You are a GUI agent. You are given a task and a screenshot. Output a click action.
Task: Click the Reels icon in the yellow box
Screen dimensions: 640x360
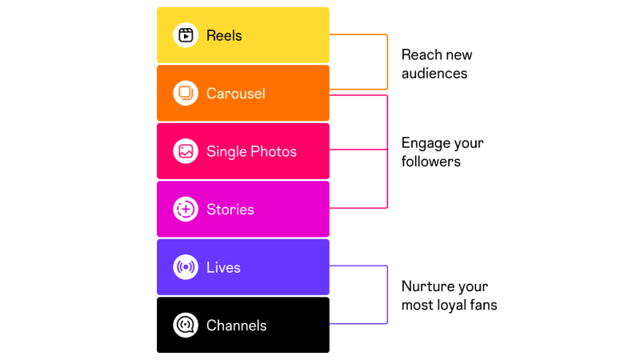pyautogui.click(x=186, y=35)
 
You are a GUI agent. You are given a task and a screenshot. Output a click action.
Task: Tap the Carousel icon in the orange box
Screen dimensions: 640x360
pyautogui.click(x=186, y=93)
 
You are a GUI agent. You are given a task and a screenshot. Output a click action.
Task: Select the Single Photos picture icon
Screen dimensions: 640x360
pyautogui.click(x=186, y=151)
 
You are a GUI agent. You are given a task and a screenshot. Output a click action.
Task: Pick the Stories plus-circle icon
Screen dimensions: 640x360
pyautogui.click(x=186, y=210)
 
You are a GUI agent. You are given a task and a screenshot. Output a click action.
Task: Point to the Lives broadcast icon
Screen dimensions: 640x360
pyautogui.click(x=186, y=267)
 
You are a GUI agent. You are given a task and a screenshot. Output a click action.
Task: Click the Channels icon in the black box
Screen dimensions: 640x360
pyautogui.click(x=186, y=326)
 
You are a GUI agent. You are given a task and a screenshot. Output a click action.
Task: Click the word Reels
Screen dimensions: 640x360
pyautogui.click(x=224, y=35)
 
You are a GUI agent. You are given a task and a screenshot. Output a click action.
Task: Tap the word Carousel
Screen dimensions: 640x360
pyautogui.click(x=236, y=94)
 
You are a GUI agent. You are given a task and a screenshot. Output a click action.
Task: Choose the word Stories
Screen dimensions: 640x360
pyautogui.click(x=230, y=210)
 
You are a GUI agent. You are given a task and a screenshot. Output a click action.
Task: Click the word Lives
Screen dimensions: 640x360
pyautogui.click(x=223, y=267)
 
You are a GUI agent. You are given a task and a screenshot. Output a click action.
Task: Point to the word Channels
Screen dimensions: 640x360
pyautogui.click(x=236, y=326)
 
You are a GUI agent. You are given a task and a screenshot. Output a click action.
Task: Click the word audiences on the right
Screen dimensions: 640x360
pyautogui.click(x=434, y=73)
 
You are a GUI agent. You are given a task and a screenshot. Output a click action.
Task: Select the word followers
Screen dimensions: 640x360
pyautogui.click(x=431, y=162)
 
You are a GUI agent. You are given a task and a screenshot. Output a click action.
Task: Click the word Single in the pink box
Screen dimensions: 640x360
pyautogui.click(x=226, y=151)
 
